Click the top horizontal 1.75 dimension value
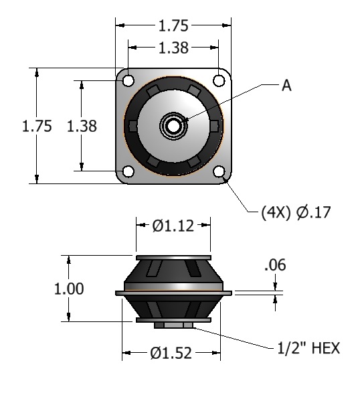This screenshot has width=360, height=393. (173, 26)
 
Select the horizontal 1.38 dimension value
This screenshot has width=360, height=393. (173, 48)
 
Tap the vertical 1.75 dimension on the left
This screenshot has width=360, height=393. (37, 126)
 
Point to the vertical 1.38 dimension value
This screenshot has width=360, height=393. (82, 126)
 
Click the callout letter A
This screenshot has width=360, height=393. (286, 86)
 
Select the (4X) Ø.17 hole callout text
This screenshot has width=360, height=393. (296, 212)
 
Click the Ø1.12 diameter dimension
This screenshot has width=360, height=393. (173, 226)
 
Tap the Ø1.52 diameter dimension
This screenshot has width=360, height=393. (171, 353)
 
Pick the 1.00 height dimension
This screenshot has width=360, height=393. (69, 289)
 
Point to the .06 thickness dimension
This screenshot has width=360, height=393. (275, 265)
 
